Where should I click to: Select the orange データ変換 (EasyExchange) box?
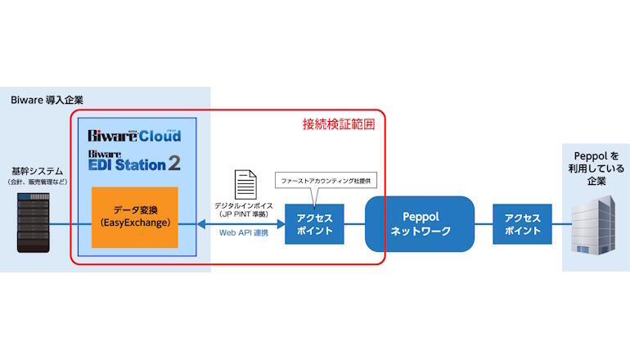(x=134, y=218)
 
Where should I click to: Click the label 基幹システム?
(x=34, y=169)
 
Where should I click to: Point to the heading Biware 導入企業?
(x=47, y=100)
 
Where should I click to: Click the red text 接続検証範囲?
(x=339, y=124)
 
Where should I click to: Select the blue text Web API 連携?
(x=243, y=233)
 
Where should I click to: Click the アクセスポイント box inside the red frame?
(x=314, y=224)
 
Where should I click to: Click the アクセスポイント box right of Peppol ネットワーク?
(x=522, y=224)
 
